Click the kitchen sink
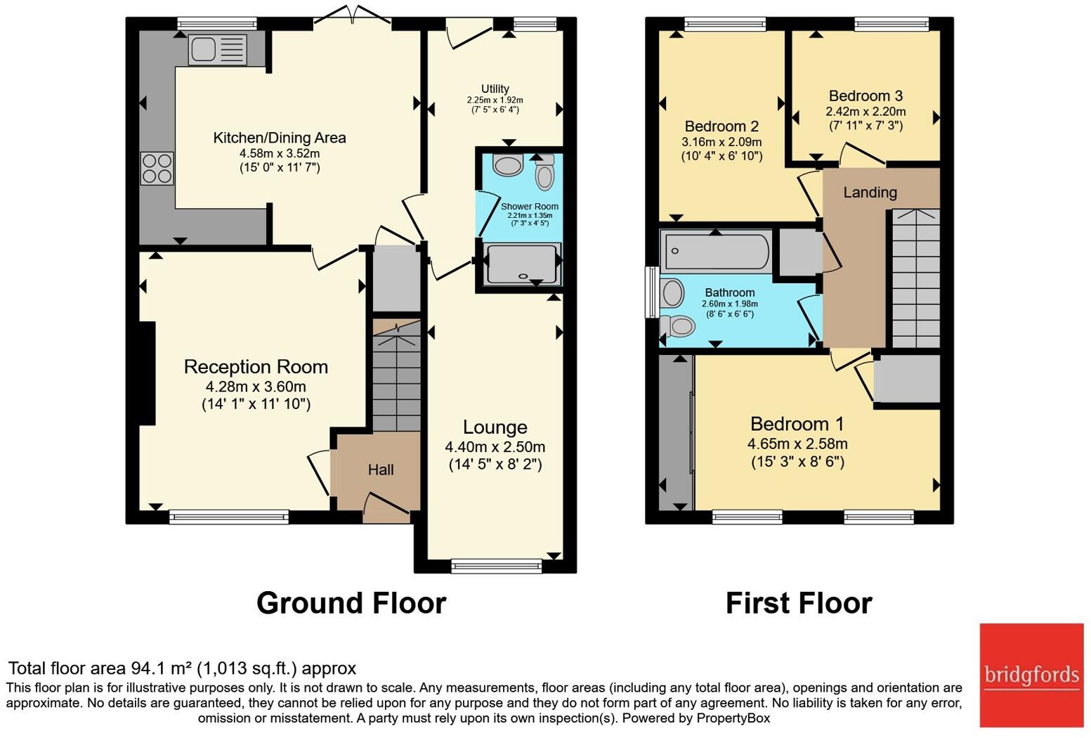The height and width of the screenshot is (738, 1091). point(217,49)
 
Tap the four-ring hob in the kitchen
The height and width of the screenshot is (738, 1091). point(157,168)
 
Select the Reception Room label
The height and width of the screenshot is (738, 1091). point(256,367)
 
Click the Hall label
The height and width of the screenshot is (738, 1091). point(381,470)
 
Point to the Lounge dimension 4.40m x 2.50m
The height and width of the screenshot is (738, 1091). point(495,447)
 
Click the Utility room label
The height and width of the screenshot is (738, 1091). point(495,89)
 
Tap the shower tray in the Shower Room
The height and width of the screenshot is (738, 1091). point(522,264)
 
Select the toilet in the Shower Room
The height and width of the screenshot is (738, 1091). point(545,173)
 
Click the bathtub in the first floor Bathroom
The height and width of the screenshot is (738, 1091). point(716,251)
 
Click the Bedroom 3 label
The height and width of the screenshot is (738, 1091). point(865,96)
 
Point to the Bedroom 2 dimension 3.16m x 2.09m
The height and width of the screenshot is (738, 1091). point(721,143)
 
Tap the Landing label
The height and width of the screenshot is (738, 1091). point(870,193)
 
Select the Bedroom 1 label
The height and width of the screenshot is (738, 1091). point(797,424)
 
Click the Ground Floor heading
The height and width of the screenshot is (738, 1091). point(351,604)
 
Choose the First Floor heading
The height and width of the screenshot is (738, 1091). point(799,604)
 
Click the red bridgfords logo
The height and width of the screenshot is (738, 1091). point(1031,675)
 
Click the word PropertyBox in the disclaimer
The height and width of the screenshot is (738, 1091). point(733,718)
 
